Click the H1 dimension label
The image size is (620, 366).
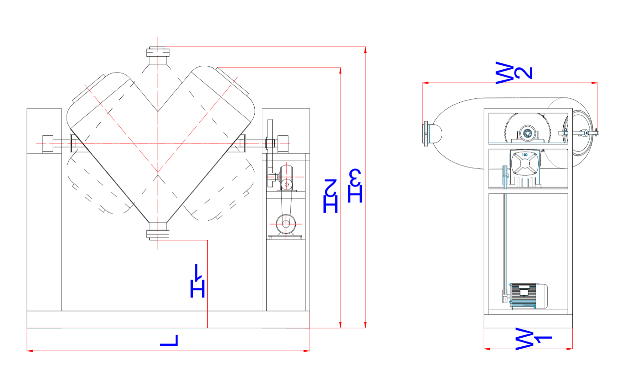point(198,281)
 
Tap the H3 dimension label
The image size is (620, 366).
point(355,186)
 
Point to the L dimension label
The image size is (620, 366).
point(168,340)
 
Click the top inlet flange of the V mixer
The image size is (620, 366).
point(158,52)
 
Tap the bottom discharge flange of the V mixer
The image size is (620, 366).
point(158,234)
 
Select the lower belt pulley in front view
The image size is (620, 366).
point(285,223)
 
